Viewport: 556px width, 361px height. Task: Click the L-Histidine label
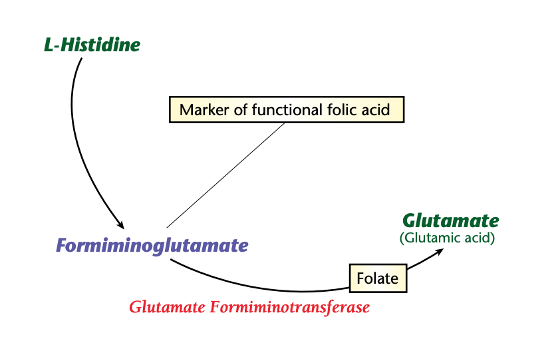[x=92, y=45]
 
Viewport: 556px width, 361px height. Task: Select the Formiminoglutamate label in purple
[x=152, y=246]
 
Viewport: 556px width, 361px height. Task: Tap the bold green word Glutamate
[x=450, y=220]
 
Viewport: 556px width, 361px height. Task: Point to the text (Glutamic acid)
[x=447, y=237]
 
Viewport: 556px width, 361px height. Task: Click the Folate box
[x=377, y=278]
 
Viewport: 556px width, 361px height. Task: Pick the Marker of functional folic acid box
[x=287, y=109]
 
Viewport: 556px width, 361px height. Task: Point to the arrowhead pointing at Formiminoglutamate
[x=120, y=224]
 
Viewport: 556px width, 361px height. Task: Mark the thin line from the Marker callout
[x=226, y=175]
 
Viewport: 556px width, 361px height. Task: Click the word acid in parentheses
[x=480, y=237]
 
